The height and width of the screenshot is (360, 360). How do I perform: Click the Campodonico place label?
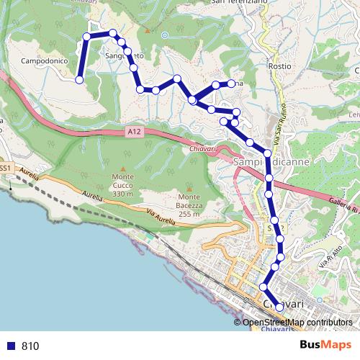pos(44,61)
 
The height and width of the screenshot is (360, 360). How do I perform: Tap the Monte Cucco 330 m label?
pos(123,185)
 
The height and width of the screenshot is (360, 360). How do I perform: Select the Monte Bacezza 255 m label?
pos(189,205)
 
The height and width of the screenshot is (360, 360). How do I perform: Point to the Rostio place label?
pos(279,66)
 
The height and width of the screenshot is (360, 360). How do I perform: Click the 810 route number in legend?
pos(30,346)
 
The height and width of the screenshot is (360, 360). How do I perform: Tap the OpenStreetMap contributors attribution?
pos(297,322)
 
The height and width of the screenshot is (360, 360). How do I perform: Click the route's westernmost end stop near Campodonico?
pos(79,79)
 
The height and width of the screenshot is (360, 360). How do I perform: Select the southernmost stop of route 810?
pos(279,307)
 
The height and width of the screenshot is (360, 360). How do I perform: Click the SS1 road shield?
pos(5,168)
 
